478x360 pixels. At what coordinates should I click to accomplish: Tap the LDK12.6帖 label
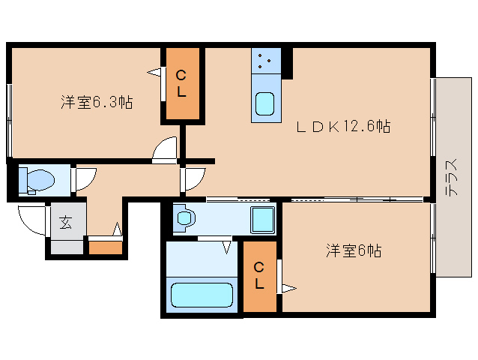tap(342, 126)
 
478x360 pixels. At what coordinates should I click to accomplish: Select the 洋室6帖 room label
tap(353, 251)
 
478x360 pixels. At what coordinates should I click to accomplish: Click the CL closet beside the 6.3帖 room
tap(182, 84)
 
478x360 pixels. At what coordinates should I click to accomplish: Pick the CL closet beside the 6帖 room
tap(258, 276)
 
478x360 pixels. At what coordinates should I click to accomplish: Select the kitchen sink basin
tap(265, 104)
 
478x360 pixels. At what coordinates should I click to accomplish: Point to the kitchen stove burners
tap(265, 60)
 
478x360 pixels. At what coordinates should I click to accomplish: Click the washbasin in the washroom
tap(184, 219)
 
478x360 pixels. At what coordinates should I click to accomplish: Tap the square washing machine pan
tap(262, 220)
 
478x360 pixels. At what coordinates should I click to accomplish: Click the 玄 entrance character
tap(66, 223)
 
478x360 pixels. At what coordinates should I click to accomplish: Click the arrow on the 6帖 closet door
tap(288, 287)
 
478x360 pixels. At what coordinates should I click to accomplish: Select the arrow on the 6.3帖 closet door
tap(155, 73)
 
